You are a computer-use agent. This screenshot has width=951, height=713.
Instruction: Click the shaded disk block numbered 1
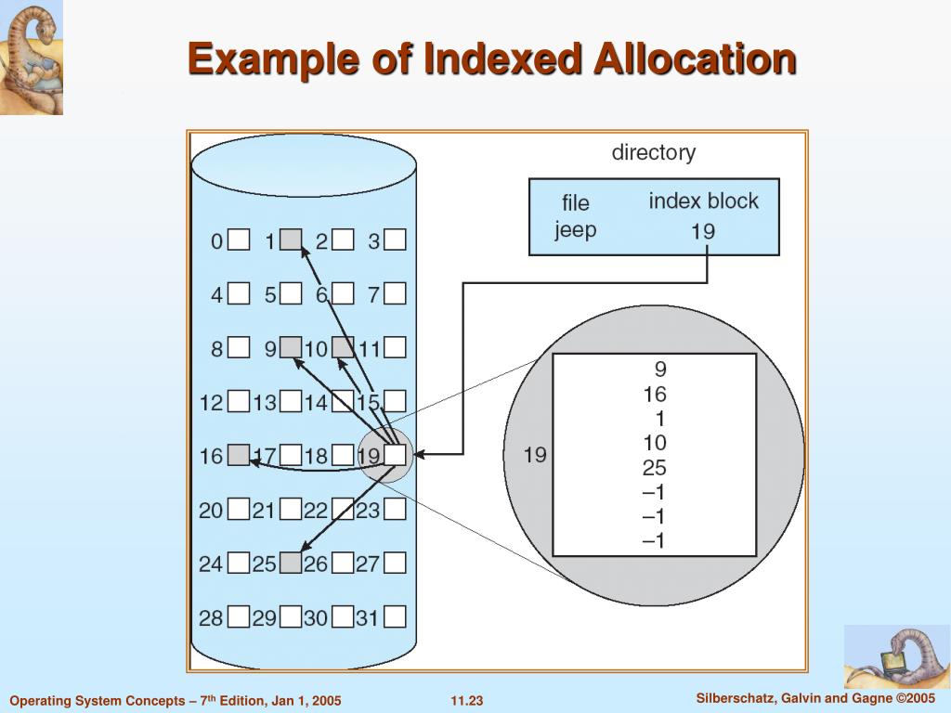292,240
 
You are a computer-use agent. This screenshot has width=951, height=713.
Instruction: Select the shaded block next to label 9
292,348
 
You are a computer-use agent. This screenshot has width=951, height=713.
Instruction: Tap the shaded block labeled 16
240,455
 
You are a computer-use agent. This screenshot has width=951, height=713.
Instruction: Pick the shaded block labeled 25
292,563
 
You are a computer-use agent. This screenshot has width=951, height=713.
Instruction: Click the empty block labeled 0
240,240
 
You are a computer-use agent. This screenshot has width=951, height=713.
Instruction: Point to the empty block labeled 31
396,616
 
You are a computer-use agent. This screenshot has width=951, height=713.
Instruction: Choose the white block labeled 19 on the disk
396,455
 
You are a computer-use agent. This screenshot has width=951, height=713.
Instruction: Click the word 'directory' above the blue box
653,153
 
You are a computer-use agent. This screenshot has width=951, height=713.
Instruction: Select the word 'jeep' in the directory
575,229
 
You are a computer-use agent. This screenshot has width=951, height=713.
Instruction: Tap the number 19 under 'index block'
703,230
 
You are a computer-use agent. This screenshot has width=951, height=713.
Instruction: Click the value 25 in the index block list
654,468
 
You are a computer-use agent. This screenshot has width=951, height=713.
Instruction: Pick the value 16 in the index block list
654,394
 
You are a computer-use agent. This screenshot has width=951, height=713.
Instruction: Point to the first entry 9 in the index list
659,369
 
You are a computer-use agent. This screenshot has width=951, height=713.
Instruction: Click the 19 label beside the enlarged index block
535,455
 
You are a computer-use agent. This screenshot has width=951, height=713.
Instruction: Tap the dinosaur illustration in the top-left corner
32,58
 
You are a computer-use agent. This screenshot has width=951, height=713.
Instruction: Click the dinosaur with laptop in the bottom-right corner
896,657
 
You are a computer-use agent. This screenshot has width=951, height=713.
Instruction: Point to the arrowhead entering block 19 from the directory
418,454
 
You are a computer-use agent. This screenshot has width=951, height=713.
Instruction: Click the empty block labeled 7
396,294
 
